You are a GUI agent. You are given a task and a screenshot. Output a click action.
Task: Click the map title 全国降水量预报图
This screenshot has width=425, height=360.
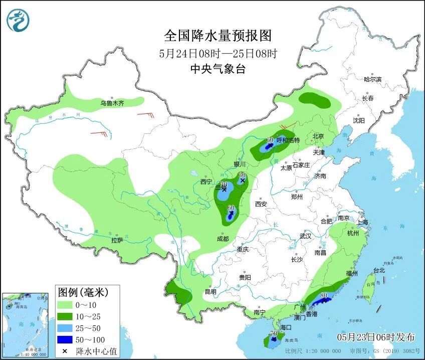tap(218, 36)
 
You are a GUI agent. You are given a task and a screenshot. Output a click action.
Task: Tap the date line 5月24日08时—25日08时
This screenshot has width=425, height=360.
tap(218, 53)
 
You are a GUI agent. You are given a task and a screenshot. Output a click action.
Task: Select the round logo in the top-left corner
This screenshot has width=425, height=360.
tap(18, 20)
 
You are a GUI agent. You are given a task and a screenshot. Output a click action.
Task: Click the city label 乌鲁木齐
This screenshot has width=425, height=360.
tap(111, 103)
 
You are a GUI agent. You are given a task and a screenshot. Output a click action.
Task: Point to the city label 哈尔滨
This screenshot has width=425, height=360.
tap(372, 79)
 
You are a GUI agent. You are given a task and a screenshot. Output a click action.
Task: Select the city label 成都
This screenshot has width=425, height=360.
tap(223, 239)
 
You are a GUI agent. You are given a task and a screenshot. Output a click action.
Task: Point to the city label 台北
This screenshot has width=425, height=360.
tap(379, 270)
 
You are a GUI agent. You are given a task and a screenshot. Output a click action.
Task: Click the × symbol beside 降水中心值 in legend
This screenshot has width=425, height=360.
tap(65, 351)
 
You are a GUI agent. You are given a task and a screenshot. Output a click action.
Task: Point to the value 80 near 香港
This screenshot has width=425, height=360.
tap(324, 295)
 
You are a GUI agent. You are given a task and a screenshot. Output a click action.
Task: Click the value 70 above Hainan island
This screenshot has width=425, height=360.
tap(274, 333)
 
